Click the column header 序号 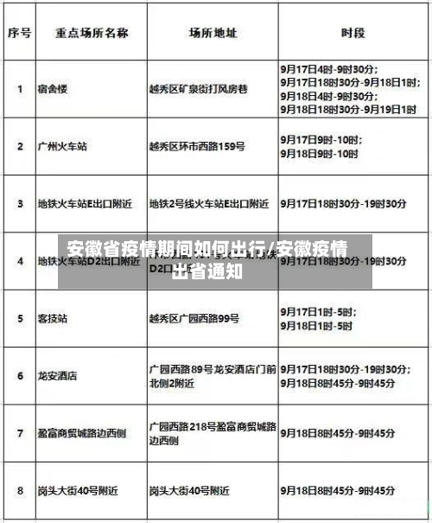[x=20, y=33]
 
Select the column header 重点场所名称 [x=92, y=33]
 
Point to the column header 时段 [x=353, y=33]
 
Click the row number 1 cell [x=20, y=88]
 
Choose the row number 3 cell [x=20, y=204]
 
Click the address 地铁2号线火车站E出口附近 [x=209, y=204]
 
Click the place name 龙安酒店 [x=57, y=376]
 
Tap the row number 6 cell [x=20, y=376]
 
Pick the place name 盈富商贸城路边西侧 [x=81, y=433]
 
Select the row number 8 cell [x=20, y=490]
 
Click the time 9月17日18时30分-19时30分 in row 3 [x=343, y=204]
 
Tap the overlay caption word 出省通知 [x=207, y=270]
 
